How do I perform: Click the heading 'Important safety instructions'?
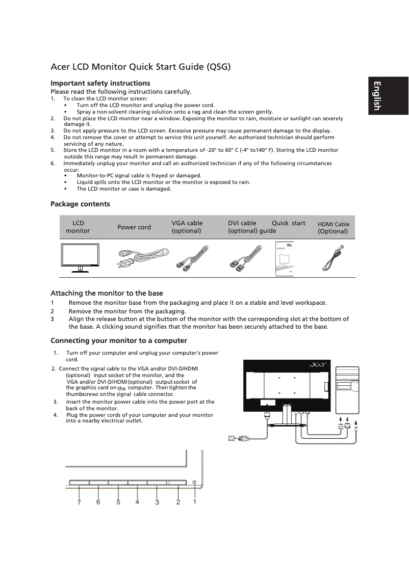point(100,83)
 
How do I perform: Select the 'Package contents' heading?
point(80,204)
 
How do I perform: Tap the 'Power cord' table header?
point(134,227)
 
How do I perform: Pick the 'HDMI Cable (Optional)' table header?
point(334,227)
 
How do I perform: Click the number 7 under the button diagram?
point(79,502)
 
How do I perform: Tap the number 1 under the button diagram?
point(195,502)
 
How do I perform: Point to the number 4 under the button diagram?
point(137,502)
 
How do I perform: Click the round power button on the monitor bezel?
point(195,482)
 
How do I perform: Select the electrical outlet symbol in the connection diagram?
point(231,438)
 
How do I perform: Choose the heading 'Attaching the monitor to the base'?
point(107,293)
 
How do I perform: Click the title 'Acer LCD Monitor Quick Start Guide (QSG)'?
point(141,67)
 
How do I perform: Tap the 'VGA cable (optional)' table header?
point(187,227)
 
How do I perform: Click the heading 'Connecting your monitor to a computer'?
point(118,340)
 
